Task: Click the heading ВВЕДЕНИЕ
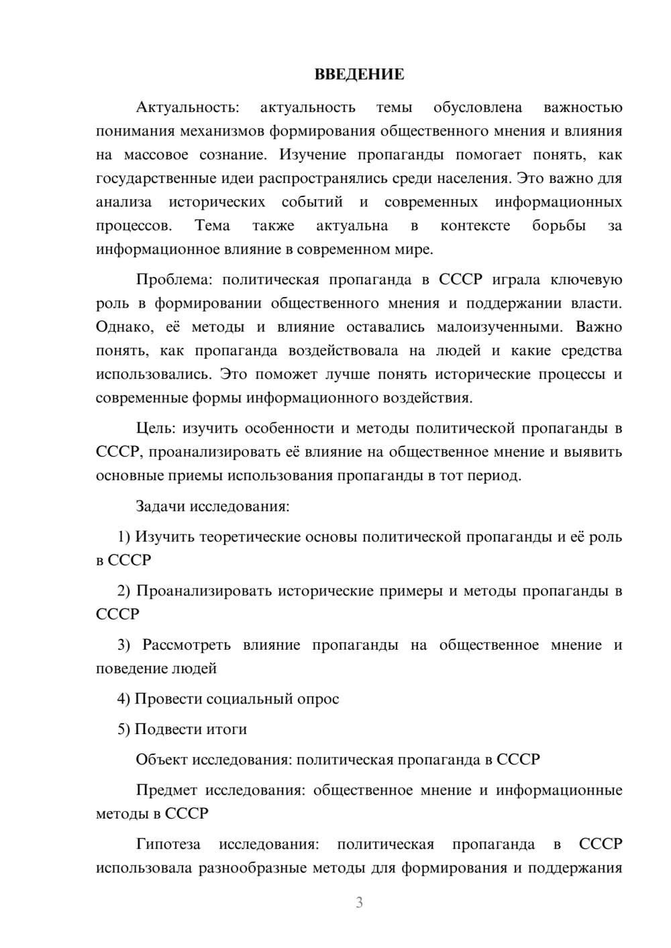point(359,74)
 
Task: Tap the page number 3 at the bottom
point(359,902)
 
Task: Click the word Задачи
point(161,506)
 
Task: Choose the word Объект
point(162,759)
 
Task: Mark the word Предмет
point(166,790)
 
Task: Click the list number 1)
point(124,536)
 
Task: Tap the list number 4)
point(123,699)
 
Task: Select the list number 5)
point(123,729)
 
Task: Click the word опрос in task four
point(317,699)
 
